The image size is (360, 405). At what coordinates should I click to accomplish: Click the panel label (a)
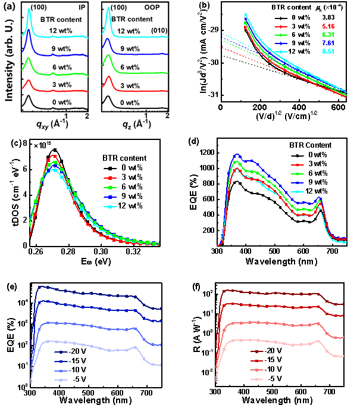[x=9, y=7]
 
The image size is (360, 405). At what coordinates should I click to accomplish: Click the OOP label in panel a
[x=156, y=10]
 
